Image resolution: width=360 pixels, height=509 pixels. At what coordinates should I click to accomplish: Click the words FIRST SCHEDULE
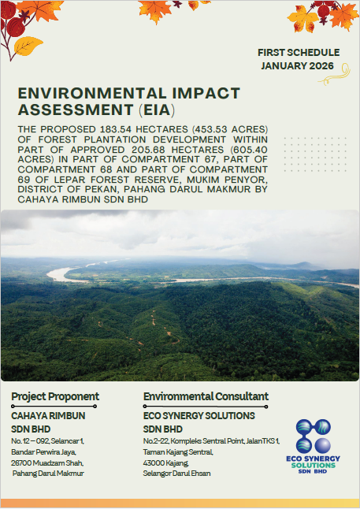299,53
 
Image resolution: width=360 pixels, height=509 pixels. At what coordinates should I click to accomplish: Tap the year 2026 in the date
321,66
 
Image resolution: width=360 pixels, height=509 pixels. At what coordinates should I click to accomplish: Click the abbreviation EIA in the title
157,110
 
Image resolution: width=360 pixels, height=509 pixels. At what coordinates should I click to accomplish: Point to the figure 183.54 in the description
116,129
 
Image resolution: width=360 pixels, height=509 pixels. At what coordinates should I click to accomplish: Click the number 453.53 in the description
210,129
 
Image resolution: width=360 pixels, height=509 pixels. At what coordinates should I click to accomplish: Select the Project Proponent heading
55,396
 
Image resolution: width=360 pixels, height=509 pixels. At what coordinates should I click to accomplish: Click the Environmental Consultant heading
206,396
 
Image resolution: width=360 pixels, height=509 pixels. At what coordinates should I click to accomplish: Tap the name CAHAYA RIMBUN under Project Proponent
48,416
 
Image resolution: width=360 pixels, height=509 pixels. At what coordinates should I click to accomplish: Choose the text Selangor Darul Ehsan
176,474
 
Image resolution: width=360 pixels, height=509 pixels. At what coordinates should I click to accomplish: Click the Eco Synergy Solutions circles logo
314,436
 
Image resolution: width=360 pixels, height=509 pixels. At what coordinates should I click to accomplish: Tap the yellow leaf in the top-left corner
28,46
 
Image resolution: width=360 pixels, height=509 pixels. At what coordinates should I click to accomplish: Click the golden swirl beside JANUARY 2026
336,74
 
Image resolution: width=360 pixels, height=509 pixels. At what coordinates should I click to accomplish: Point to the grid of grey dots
315,154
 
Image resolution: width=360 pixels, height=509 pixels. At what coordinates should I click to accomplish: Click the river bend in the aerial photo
58,275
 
